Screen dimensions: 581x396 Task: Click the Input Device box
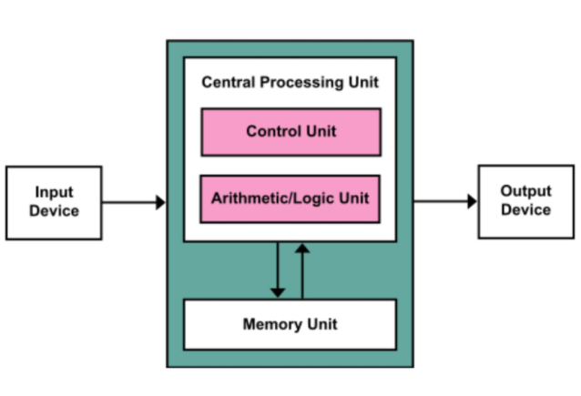point(54,203)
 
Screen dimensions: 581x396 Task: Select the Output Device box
point(526,201)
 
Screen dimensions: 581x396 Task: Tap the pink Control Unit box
point(290,132)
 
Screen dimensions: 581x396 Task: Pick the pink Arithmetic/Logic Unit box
point(290,199)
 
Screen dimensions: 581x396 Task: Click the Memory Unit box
point(290,324)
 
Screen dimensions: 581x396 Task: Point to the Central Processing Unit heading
point(290,82)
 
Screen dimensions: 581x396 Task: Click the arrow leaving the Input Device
point(134,202)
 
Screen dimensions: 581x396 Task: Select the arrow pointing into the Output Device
point(445,201)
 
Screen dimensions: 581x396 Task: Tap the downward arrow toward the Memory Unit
point(278,269)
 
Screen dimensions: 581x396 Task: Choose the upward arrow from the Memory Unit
point(302,271)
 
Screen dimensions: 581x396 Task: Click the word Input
point(54,193)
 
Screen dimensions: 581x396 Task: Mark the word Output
point(525,191)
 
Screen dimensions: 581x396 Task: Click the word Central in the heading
point(229,82)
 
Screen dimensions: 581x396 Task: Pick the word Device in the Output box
point(525,210)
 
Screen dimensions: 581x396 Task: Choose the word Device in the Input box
point(54,211)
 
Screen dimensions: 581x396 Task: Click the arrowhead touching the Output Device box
point(473,201)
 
